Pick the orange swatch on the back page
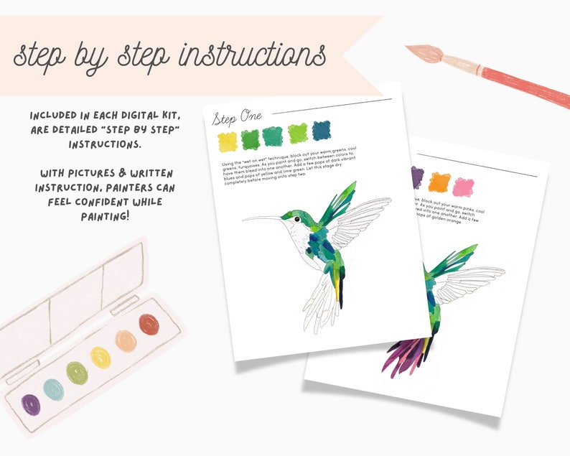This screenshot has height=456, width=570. [x=439, y=182]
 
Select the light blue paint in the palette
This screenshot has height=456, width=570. [x=54, y=388]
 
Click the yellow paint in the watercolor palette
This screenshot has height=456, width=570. [x=101, y=356]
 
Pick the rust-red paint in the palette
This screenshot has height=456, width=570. [x=149, y=324]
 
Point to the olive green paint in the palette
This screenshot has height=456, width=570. [x=77, y=372]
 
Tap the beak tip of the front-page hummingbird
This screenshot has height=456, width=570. [x=243, y=220]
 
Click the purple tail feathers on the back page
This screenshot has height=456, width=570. [x=402, y=355]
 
